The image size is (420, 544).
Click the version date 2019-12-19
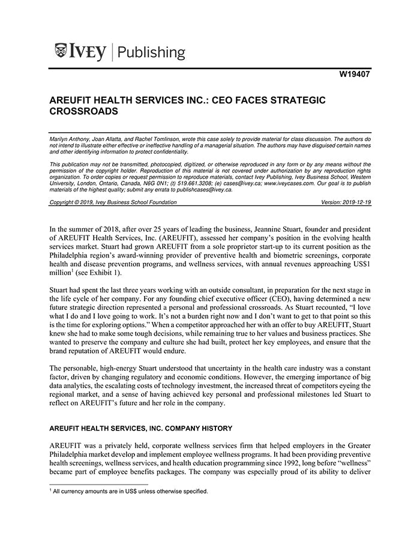(x=354, y=202)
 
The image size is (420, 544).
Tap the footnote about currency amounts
(x=128, y=492)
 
